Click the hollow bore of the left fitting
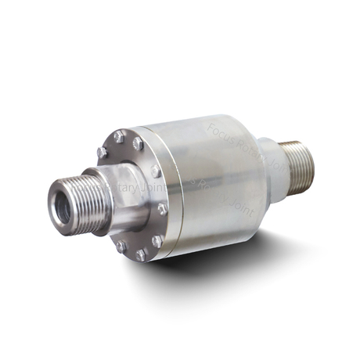click(x=63, y=205)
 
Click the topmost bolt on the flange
click(x=119, y=136)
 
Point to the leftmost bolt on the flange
click(x=102, y=152)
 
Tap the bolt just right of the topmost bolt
click(x=138, y=143)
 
